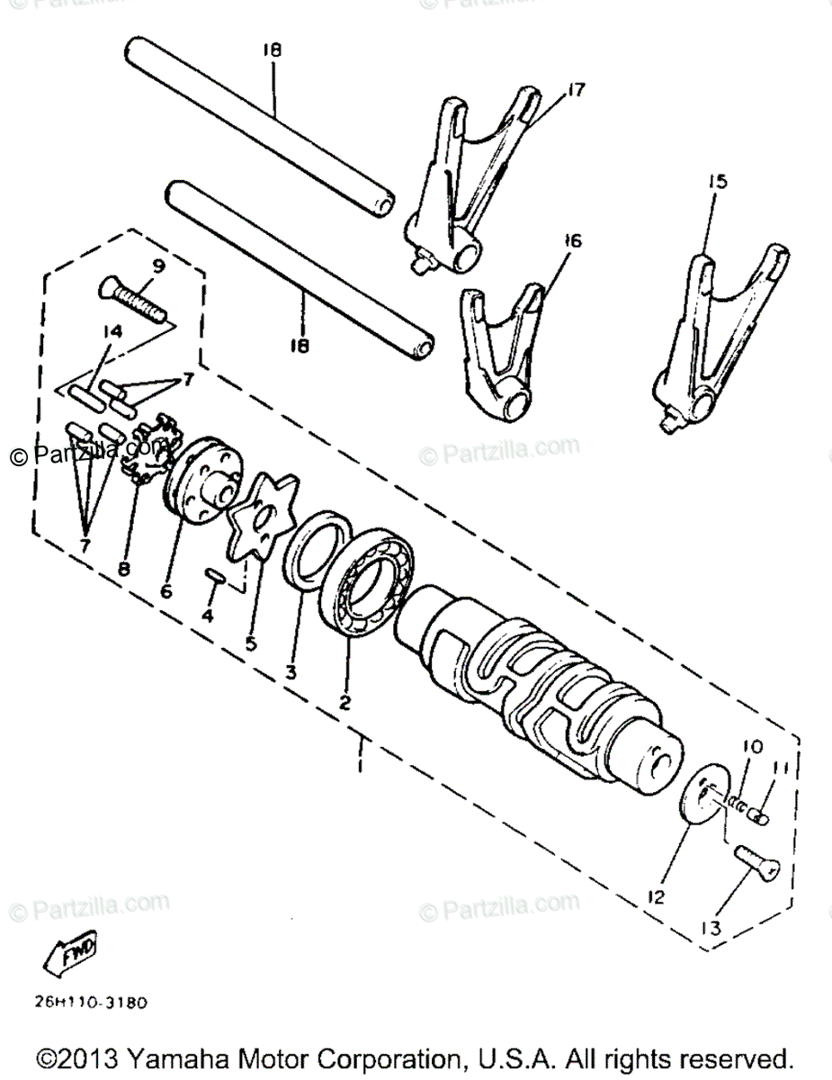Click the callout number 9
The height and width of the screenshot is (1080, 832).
pos(158,266)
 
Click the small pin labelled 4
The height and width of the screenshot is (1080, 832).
pos(217,577)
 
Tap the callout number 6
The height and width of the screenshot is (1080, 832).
pos(166,591)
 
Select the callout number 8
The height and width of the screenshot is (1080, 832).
pos(122,568)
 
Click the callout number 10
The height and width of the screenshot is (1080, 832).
pos(752,746)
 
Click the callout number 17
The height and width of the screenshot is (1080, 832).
pos(576,89)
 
